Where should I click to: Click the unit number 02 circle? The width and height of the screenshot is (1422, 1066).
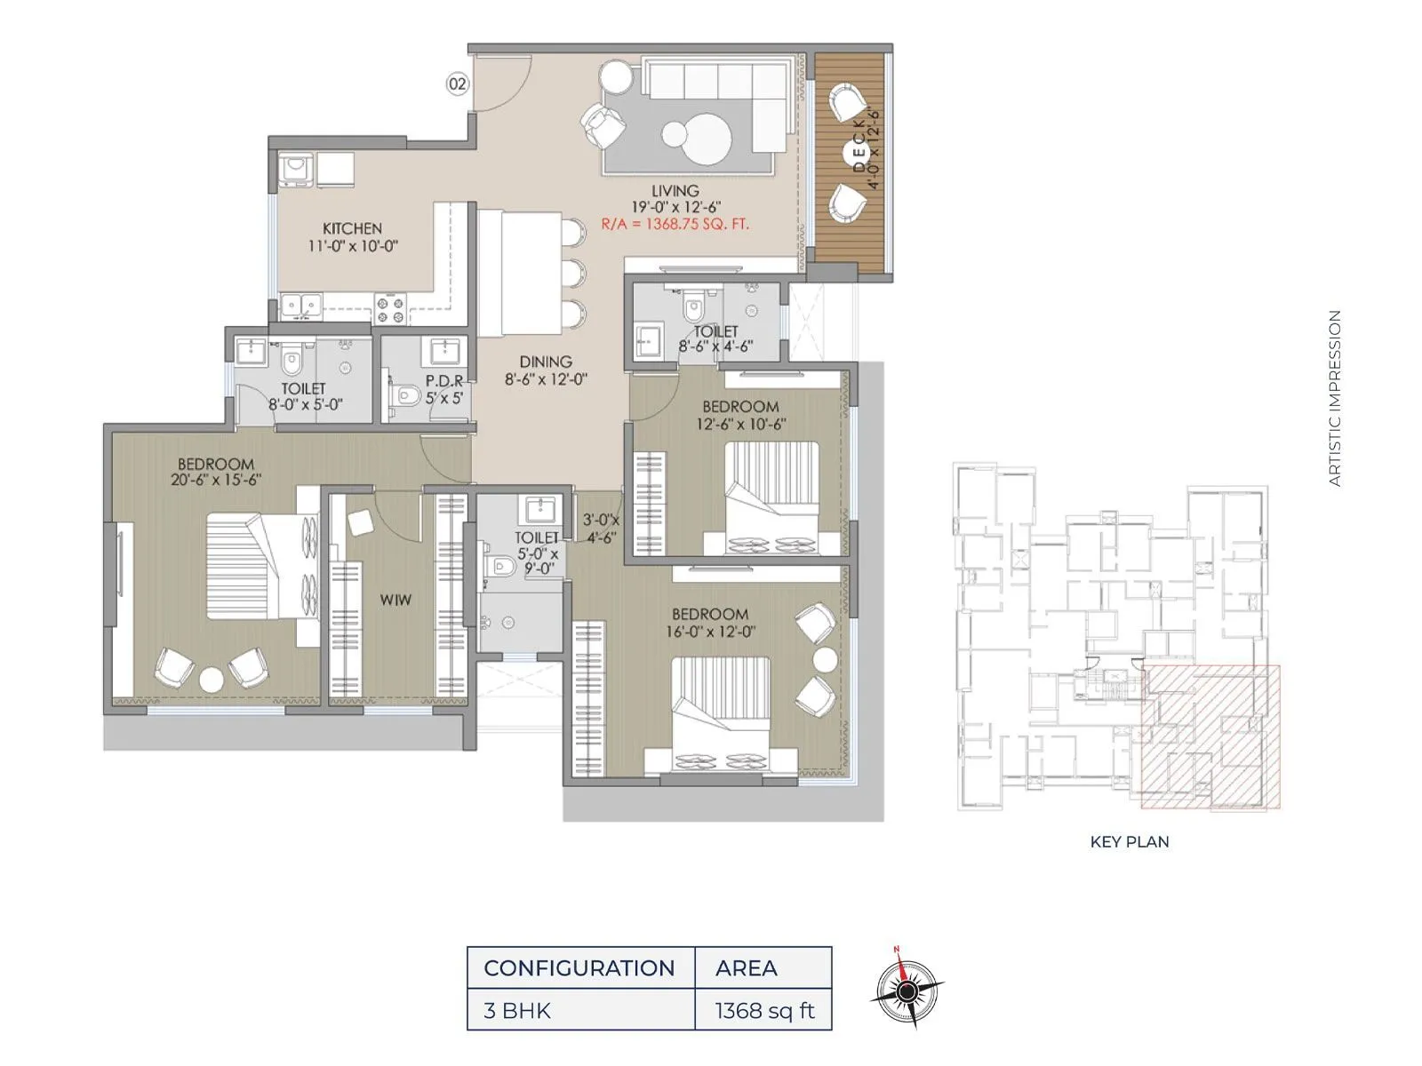(x=457, y=84)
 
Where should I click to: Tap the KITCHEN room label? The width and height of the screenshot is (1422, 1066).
(x=352, y=228)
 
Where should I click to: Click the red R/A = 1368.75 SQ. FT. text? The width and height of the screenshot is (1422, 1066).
(x=675, y=224)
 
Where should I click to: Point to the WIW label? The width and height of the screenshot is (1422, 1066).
(x=395, y=600)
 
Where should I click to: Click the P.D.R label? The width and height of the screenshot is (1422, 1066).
(x=444, y=381)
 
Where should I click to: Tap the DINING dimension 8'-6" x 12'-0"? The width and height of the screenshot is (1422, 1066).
(x=546, y=379)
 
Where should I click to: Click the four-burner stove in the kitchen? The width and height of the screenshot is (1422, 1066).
(x=390, y=308)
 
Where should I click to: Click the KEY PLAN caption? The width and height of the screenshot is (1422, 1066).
(x=1129, y=841)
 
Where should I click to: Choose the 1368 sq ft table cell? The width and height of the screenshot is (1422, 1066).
(x=763, y=1010)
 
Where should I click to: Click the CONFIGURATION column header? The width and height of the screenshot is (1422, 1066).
(x=579, y=967)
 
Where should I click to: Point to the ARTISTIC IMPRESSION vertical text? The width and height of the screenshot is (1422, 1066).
(x=1334, y=397)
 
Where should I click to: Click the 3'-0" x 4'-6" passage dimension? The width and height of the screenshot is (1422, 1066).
(x=601, y=529)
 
